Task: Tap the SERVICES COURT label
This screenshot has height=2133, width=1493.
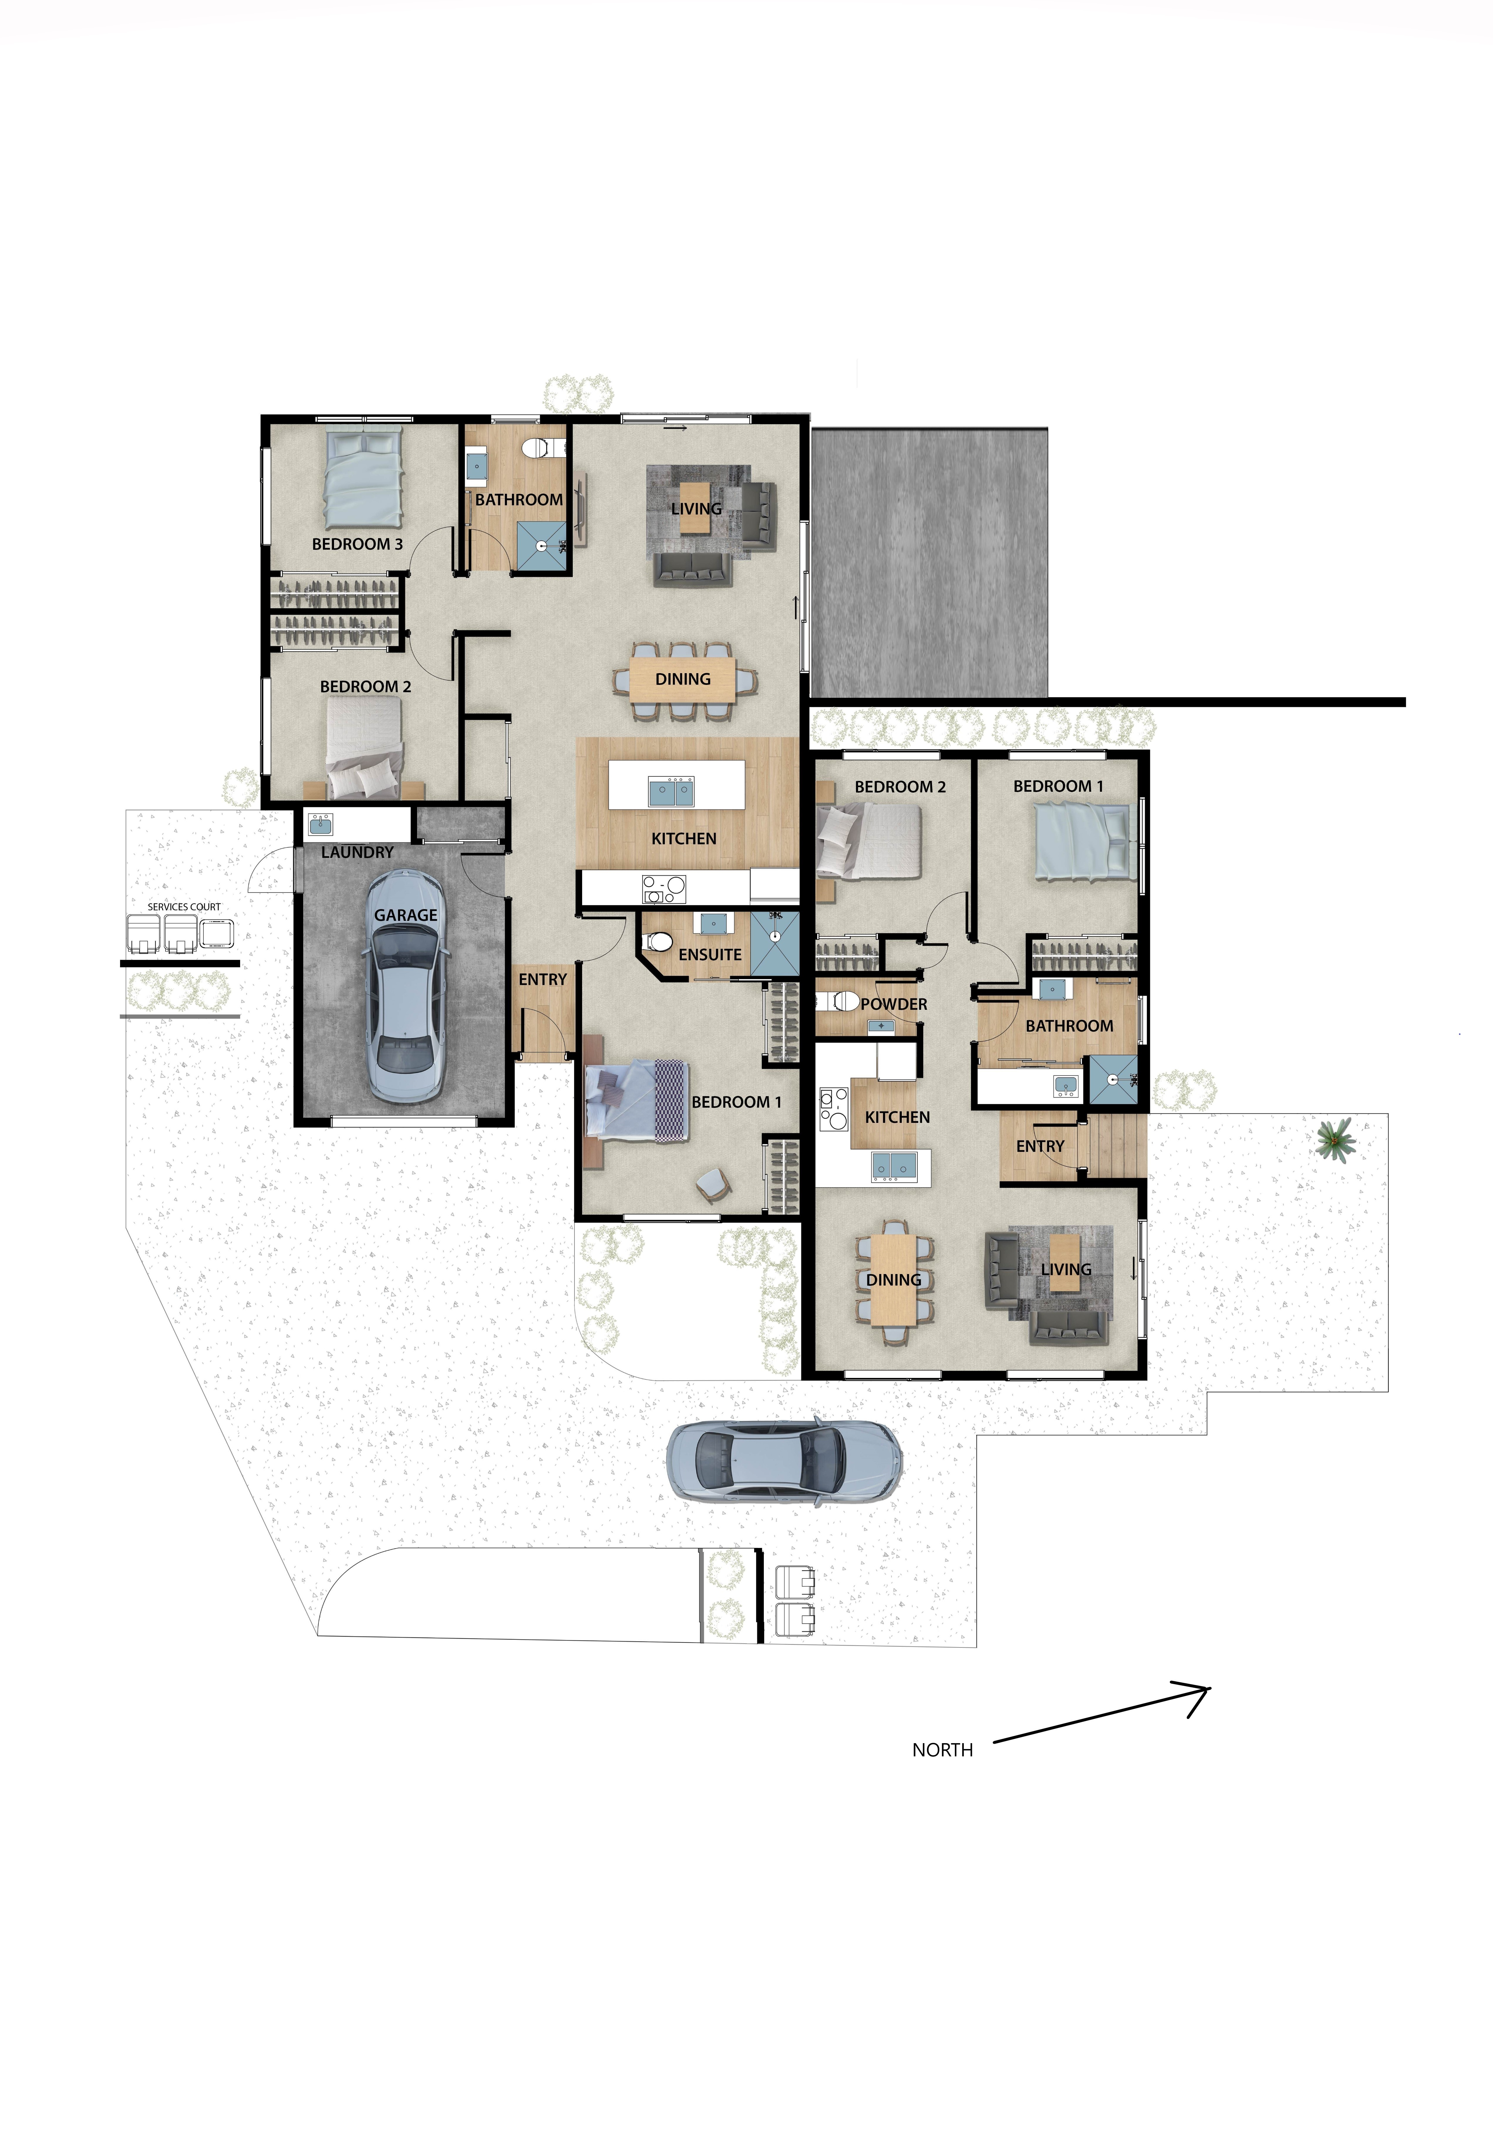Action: (x=184, y=907)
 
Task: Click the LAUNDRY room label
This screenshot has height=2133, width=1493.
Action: (x=358, y=852)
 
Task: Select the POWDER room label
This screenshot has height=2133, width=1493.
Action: (x=894, y=1004)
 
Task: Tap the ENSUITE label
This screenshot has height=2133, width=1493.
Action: (x=710, y=954)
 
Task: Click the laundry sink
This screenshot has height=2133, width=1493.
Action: (x=321, y=824)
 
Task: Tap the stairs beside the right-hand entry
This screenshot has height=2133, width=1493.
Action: (x=1118, y=1146)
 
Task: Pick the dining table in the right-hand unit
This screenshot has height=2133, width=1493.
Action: (x=894, y=1280)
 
